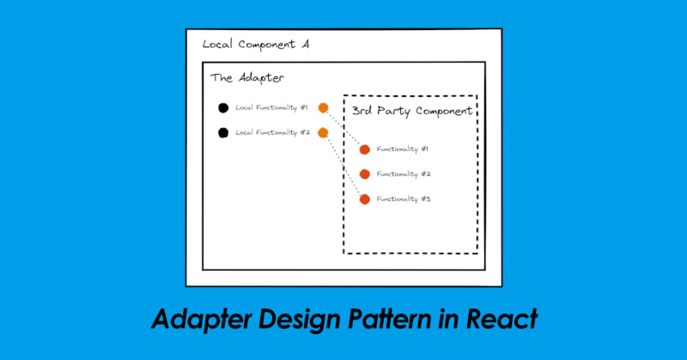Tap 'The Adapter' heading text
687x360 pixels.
247,78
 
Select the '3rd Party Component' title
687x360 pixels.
412,111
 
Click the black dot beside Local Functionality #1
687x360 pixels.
222,107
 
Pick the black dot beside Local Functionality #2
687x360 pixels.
222,132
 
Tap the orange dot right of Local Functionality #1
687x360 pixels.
323,107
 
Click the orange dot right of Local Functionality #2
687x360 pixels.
323,132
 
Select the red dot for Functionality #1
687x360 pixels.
364,149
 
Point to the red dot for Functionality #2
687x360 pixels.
364,174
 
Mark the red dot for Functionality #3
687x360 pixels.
364,199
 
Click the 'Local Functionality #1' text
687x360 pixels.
271,107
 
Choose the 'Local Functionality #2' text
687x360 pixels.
271,132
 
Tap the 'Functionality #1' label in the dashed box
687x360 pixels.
403,149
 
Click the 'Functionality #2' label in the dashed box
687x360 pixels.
403,174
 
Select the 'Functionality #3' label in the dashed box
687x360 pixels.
403,199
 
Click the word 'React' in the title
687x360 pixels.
502,319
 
